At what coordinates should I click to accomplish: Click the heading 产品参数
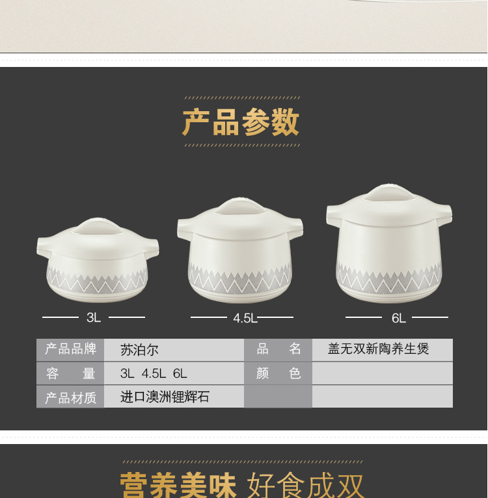(x=240, y=122)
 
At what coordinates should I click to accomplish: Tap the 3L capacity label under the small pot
(x=94, y=317)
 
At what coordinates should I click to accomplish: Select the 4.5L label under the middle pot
(x=245, y=318)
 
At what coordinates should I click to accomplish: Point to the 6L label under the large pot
(x=398, y=318)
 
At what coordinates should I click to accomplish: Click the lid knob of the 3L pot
(x=98, y=226)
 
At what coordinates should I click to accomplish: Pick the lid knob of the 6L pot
(x=389, y=192)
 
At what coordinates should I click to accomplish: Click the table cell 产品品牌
(x=70, y=349)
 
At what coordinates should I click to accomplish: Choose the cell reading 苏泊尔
(x=139, y=350)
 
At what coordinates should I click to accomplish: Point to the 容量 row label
(x=70, y=373)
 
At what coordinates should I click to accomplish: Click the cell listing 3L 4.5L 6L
(x=154, y=373)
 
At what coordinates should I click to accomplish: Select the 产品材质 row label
(x=70, y=397)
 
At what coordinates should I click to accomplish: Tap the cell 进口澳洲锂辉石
(x=165, y=397)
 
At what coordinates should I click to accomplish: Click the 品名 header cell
(x=278, y=349)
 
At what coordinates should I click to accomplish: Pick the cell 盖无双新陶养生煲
(x=378, y=348)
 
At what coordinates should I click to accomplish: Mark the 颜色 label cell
(x=278, y=373)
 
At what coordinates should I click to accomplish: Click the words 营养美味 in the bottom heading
(x=178, y=485)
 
